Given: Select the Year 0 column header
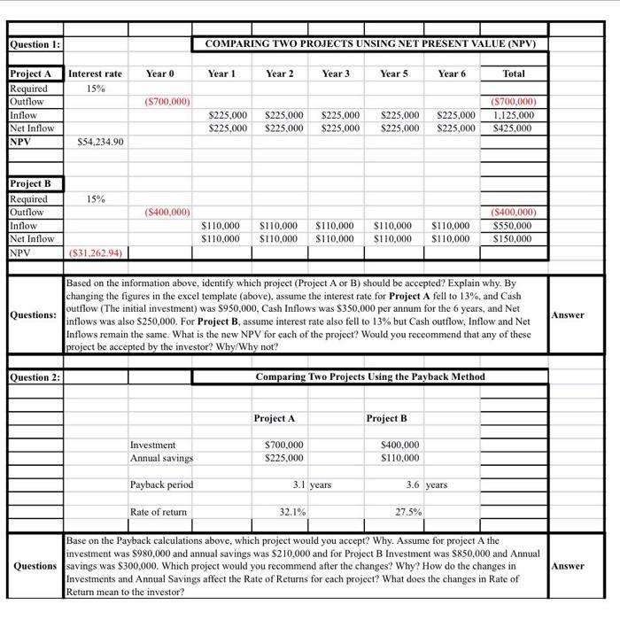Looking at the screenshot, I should (x=159, y=74).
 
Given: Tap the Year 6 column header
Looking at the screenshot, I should (x=452, y=74).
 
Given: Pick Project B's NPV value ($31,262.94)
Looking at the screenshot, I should (x=96, y=252).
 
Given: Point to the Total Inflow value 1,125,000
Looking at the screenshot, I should (x=513, y=115).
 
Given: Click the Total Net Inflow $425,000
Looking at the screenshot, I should (x=513, y=128).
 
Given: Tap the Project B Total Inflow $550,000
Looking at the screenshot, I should (x=513, y=226).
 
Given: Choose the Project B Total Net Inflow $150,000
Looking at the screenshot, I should (x=513, y=239).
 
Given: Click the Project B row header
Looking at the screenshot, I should (x=31, y=183).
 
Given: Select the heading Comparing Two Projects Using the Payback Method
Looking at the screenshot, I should (x=369, y=377).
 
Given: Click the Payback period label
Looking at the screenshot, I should (x=161, y=484).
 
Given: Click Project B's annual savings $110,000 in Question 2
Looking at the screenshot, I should (x=400, y=458).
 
